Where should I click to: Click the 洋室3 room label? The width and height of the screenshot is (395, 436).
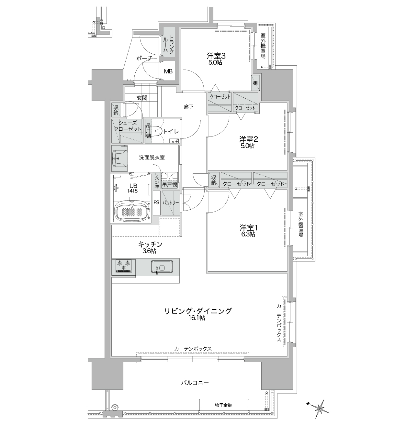click(x=216, y=56)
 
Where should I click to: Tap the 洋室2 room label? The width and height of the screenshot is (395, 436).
click(x=249, y=139)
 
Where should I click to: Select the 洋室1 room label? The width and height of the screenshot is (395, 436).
click(x=249, y=228)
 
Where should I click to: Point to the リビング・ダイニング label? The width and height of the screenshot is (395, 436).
click(x=198, y=311)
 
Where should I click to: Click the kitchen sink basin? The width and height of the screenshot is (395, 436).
click(x=162, y=267)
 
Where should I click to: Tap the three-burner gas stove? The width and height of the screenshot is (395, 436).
click(x=124, y=266)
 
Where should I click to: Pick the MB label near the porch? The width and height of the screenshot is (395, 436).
click(x=168, y=71)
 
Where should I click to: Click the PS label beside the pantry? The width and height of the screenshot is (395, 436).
click(x=156, y=202)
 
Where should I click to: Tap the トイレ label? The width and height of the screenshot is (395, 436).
click(x=171, y=131)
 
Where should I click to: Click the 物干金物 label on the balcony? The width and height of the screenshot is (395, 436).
click(x=223, y=405)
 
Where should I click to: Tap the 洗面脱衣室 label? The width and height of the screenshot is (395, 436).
click(x=152, y=158)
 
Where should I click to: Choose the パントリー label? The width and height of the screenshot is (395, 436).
click(x=171, y=202)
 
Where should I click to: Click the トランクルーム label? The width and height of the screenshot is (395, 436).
click(x=168, y=44)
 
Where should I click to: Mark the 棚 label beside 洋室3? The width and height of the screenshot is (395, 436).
click(x=255, y=83)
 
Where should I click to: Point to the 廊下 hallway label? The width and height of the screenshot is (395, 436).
click(x=188, y=106)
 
